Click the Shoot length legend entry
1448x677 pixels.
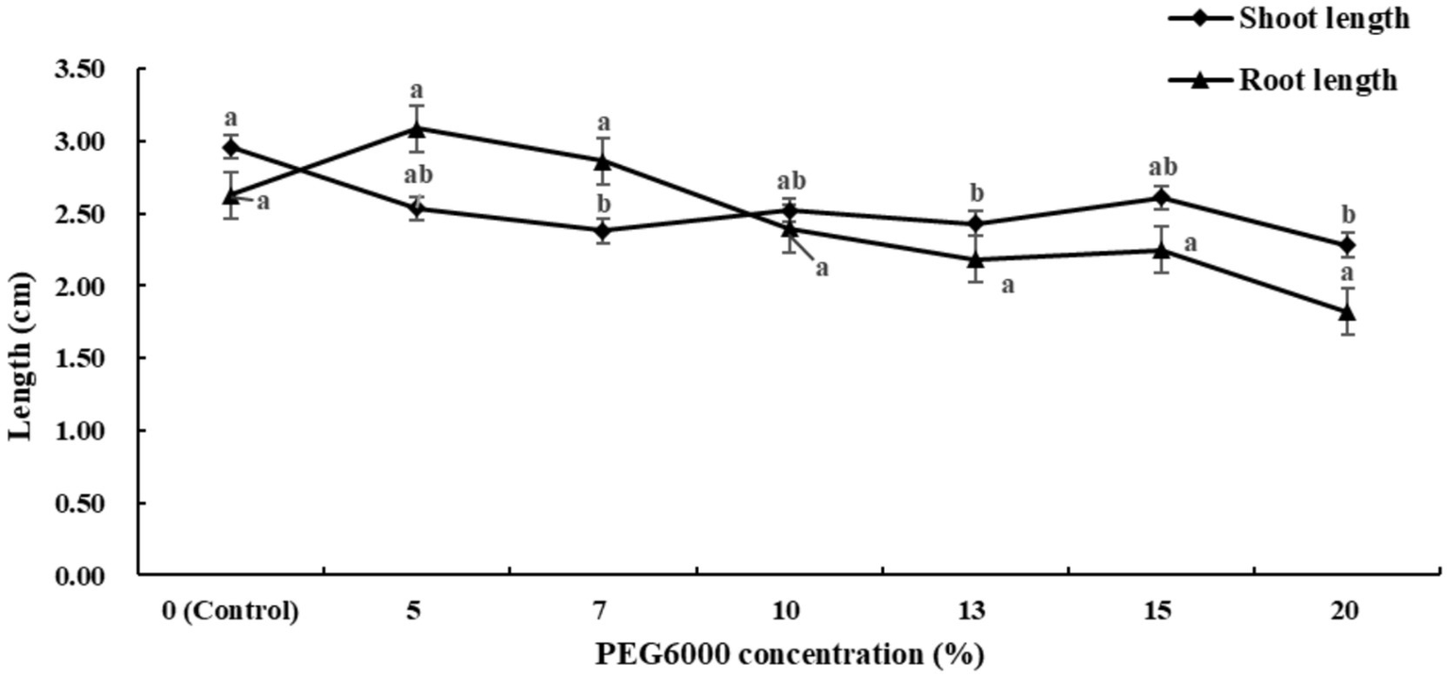pyautogui.click(x=1324, y=20)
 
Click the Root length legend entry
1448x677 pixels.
pyautogui.click(x=1317, y=80)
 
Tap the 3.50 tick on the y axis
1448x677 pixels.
pyautogui.click(x=83, y=70)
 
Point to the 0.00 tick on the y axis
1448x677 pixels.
pyautogui.click(x=83, y=574)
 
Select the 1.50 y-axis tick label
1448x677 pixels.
pyautogui.click(x=83, y=358)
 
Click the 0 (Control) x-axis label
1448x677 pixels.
pyautogui.click(x=230, y=611)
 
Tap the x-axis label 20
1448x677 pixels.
pyautogui.click(x=1345, y=611)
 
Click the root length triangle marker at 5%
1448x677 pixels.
pyautogui.click(x=417, y=128)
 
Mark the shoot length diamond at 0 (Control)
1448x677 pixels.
pyautogui.click(x=230, y=147)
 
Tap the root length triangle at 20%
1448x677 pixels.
pyautogui.click(x=1346, y=312)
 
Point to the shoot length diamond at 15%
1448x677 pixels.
pyautogui.click(x=1160, y=197)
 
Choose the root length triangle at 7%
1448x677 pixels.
pyautogui.click(x=603, y=161)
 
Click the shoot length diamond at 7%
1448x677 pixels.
pyautogui.click(x=603, y=230)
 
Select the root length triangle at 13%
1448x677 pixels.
pyautogui.click(x=974, y=259)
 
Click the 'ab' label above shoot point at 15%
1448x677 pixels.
pyautogui.click(x=1160, y=168)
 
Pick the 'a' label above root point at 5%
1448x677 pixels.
pyautogui.click(x=417, y=91)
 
